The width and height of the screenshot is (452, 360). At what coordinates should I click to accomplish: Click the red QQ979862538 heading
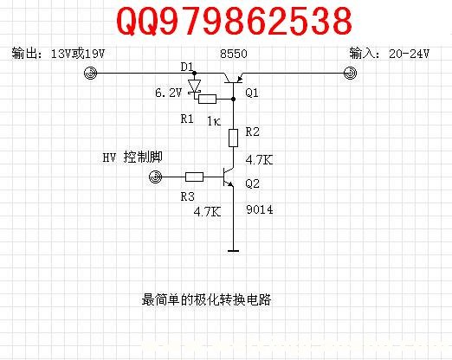234,21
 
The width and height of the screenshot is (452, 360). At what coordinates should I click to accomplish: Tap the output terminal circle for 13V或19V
90,73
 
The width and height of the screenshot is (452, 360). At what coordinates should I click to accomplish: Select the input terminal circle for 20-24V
350,73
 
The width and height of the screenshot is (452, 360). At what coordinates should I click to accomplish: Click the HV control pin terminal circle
156,177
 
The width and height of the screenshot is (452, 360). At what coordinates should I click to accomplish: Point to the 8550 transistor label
234,54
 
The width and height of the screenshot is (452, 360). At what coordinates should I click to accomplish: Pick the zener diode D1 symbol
194,87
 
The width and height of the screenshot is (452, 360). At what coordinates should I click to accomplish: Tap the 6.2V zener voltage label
169,93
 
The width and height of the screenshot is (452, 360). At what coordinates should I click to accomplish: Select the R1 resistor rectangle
207,99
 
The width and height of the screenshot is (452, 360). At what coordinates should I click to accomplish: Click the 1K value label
214,121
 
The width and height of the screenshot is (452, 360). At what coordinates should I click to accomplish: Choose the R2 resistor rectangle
233,138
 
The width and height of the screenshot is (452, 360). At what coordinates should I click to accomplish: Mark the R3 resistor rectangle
194,177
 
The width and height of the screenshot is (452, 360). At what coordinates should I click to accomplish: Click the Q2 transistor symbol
229,177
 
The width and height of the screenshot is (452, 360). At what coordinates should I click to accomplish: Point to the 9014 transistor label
260,209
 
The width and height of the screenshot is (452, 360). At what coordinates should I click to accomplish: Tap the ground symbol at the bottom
233,251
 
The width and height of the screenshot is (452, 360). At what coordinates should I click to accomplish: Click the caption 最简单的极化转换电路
206,299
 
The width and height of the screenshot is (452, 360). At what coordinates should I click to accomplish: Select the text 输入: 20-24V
390,54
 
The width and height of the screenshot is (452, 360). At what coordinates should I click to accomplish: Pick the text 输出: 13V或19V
58,54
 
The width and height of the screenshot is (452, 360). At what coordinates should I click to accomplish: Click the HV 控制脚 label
132,157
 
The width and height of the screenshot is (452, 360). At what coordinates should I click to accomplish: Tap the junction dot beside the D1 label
194,73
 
